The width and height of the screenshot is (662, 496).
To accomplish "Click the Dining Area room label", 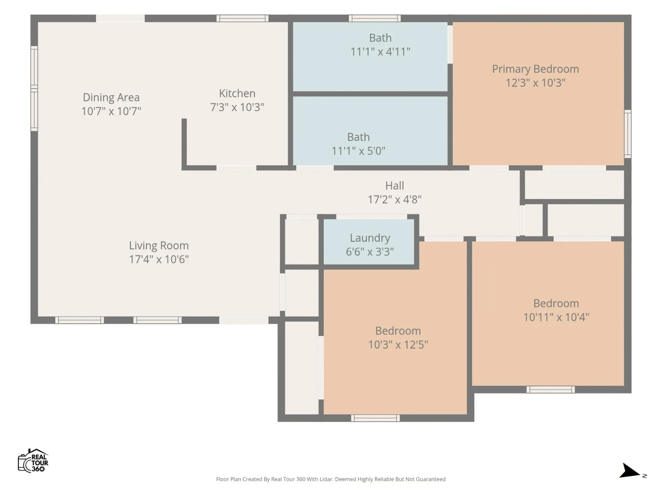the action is pos(111,97).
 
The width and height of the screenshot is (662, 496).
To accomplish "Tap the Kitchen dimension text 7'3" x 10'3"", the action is pos(237,107).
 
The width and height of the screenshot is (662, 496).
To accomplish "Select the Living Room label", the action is pos(159,245).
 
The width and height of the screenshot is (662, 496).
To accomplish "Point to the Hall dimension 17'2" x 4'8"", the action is pos(395,200).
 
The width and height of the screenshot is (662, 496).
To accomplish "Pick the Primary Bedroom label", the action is pos(535,69).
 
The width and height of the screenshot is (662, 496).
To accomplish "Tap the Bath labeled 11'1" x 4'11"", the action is pos(370,57).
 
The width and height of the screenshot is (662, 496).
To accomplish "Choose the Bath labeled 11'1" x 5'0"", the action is pos(370,131).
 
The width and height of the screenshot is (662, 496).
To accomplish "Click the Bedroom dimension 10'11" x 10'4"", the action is pos(556,317).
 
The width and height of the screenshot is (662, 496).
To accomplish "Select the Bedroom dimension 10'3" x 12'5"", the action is pos(398,345).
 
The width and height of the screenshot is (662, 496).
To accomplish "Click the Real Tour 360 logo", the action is pos(33,461).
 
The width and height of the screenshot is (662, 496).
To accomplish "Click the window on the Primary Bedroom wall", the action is pos(627,134).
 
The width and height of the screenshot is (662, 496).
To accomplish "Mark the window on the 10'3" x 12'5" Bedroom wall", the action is pos(375,418).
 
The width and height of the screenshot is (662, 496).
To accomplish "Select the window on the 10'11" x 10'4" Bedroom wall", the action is pos(550,390).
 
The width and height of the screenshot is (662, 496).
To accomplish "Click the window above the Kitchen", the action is pos(242,18).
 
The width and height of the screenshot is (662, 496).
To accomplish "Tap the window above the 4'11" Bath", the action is pos(375,18).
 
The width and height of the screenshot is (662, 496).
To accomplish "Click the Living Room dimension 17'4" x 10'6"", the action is pos(159,259).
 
